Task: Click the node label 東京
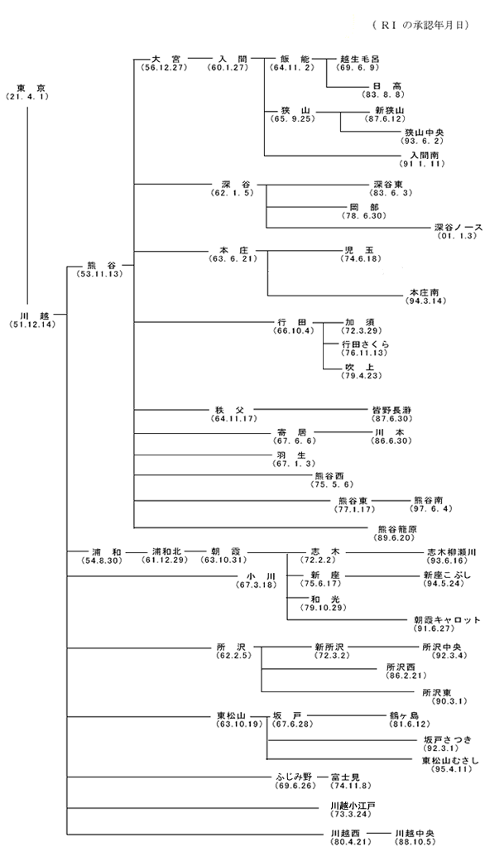[27, 89]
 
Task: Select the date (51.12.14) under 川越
[32, 325]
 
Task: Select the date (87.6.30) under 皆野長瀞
[391, 418]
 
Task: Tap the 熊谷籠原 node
[397, 529]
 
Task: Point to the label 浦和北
[165, 551]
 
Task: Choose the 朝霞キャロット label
[447, 620]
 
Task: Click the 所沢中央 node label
[442, 647]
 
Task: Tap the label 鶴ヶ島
[404, 715]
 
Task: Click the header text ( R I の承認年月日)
[420, 25]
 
